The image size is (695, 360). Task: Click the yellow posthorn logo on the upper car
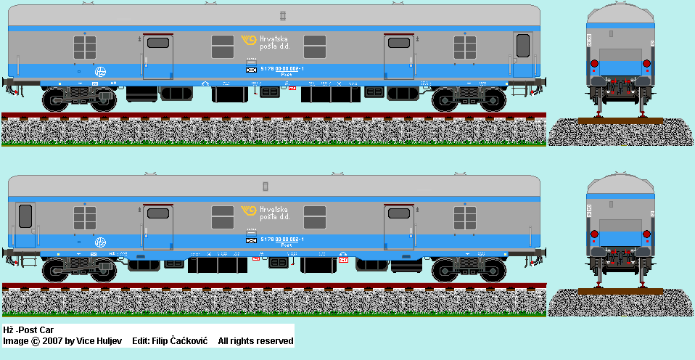coord(249,44)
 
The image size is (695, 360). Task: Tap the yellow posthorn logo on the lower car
coord(249,213)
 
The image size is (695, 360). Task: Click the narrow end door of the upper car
coord(522,54)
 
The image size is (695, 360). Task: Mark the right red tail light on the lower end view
coord(646,234)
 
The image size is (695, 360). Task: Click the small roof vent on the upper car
coord(283,15)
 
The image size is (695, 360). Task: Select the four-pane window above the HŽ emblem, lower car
coord(85,217)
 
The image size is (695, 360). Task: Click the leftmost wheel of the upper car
coord(57,99)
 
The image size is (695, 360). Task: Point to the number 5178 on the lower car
coord(266,239)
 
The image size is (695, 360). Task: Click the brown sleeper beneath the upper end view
coord(620,121)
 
